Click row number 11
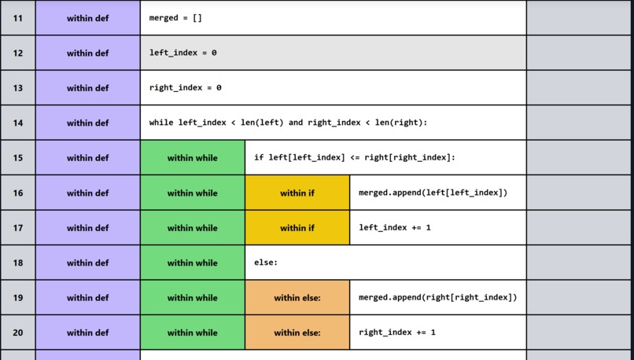[x=17, y=18]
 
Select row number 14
[x=17, y=123]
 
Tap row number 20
[x=17, y=332]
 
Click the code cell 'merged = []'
[x=175, y=18]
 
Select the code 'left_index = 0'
[x=182, y=53]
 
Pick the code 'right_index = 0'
[x=185, y=88]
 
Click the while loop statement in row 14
[x=288, y=123]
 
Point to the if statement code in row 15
[x=354, y=158]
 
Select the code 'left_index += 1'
[x=395, y=228]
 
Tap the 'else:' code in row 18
[x=266, y=263]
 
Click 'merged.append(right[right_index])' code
[x=437, y=298]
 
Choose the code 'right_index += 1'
[x=397, y=332]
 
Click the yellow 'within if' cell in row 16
[x=297, y=193]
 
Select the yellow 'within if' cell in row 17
[x=297, y=228]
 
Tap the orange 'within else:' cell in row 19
[x=297, y=298]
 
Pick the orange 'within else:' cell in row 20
[x=297, y=332]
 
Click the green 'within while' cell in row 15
[x=193, y=158]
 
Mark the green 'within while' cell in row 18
[x=193, y=263]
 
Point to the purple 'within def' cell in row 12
[x=88, y=53]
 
